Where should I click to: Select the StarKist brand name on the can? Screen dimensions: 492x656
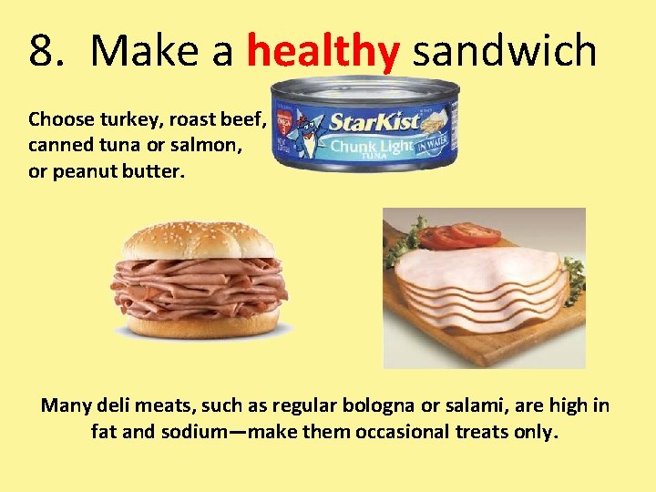click(x=374, y=121)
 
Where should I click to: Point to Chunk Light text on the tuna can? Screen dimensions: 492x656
click(x=374, y=146)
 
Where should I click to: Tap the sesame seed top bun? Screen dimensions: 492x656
click(x=199, y=239)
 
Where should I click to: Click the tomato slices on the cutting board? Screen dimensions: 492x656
click(x=460, y=235)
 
